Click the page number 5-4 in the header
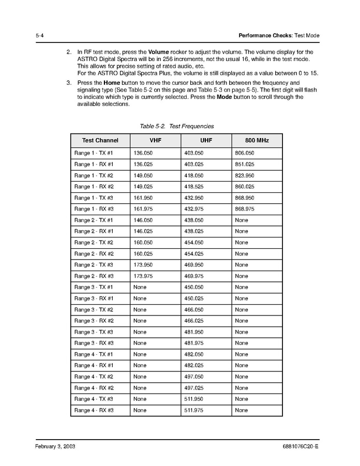coord(39,36)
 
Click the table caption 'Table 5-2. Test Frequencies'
coord(176,126)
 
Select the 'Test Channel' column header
coord(100,140)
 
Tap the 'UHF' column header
coord(206,140)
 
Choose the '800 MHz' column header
coord(257,140)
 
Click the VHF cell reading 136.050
coord(143,153)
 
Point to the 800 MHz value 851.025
coord(245,164)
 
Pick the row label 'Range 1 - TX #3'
coord(94,198)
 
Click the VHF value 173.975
coord(143,276)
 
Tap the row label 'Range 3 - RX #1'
coord(94,298)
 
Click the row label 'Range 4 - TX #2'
coord(94,377)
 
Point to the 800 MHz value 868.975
coord(245,209)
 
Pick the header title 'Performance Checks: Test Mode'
coord(279,36)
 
